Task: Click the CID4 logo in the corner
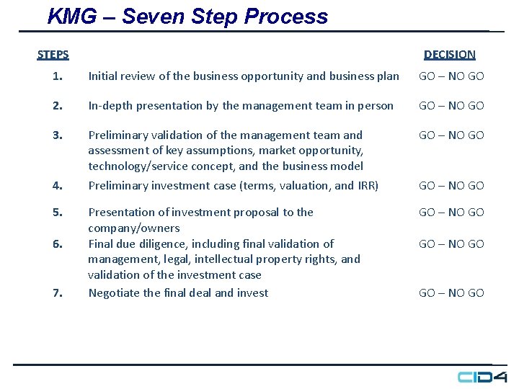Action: click(482, 377)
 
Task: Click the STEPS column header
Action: click(53, 55)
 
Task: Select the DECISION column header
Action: click(449, 55)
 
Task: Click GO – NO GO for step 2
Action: click(451, 106)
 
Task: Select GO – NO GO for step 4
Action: click(451, 186)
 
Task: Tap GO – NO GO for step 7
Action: click(451, 293)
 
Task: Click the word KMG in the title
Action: click(71, 17)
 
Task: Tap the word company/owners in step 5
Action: click(133, 228)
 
